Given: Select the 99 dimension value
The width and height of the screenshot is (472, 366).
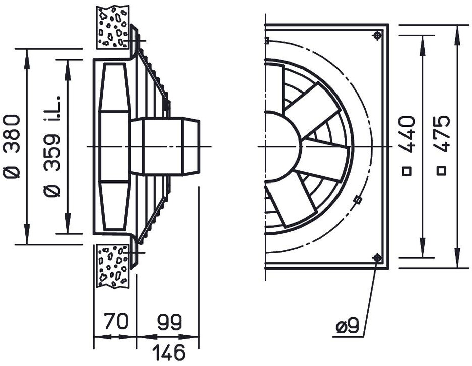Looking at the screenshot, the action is [169, 322].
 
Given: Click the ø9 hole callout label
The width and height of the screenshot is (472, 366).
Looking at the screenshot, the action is [347, 327].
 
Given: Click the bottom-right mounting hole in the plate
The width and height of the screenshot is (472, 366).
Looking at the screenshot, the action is [377, 258].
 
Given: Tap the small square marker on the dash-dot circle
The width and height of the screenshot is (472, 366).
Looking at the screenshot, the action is [358, 200].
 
